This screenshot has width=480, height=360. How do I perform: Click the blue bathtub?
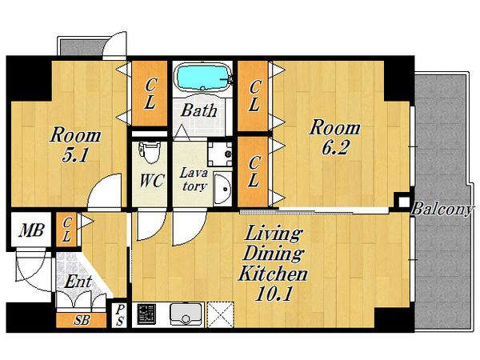pos(202,78)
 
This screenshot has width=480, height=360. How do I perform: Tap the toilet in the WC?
pos(150,152)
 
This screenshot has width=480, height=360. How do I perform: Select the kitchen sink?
pos(186,314)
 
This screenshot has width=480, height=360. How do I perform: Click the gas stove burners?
pos(146,314)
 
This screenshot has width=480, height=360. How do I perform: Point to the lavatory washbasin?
pos(222,189)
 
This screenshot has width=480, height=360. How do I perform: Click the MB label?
pos(31,230)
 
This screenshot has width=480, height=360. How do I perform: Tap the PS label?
pos(120,315)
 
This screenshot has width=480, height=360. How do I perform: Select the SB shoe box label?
pos(82,320)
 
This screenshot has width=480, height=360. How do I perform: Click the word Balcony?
pos(442,210)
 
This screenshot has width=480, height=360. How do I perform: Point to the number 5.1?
pos(75,155)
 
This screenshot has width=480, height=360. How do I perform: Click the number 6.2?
pos(334,148)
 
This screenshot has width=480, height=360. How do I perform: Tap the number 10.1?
pos(273,294)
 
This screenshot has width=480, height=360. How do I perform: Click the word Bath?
pos(199,110)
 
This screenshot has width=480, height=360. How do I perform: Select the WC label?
pos(152,181)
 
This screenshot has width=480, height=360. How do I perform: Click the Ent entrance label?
pos(78,282)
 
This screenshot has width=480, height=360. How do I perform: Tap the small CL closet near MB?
pos(67,230)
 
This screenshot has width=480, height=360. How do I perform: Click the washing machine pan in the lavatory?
pos(220,154)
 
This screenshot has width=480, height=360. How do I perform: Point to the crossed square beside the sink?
pos(221,314)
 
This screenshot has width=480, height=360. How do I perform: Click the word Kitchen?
pos(273,274)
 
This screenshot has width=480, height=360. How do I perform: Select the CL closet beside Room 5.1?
pos(150,93)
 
